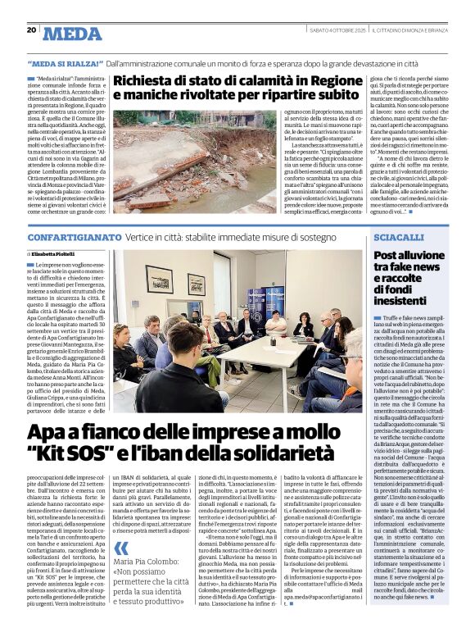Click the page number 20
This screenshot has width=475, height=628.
(31, 30)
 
